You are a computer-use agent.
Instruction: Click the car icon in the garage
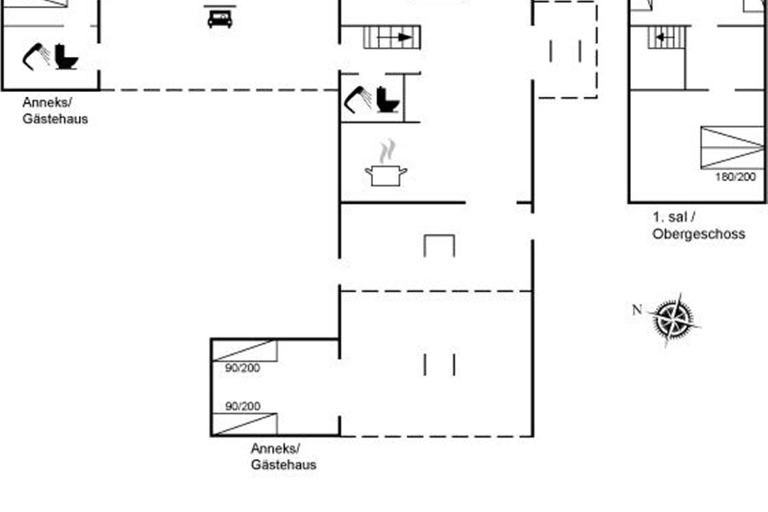click(220, 19)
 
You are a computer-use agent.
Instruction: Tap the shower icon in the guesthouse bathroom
click(36, 56)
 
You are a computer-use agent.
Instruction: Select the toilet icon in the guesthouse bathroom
click(66, 57)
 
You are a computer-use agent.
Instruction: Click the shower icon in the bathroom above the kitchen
click(358, 99)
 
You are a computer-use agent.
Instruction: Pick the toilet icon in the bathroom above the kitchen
click(388, 100)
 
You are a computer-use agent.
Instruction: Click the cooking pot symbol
click(386, 175)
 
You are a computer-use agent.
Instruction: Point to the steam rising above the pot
click(387, 151)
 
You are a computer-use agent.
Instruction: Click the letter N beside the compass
click(637, 310)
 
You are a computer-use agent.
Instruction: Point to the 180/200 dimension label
click(735, 177)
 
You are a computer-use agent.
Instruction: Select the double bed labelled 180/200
click(732, 147)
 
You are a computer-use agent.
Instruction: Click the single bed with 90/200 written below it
click(244, 350)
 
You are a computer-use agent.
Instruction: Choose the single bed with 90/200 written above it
click(244, 424)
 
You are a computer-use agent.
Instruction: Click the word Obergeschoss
click(699, 234)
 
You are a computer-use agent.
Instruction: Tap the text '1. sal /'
click(674, 217)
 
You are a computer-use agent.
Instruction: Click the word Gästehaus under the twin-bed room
click(284, 465)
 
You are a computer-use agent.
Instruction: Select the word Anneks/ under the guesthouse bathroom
click(47, 102)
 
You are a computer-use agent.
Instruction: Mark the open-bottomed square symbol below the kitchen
click(439, 246)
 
